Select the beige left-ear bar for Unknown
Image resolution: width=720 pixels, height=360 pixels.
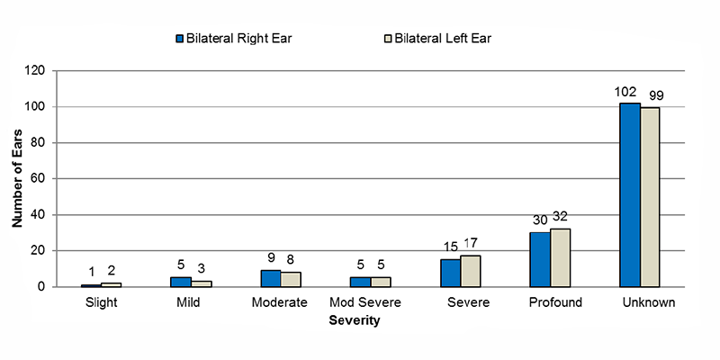(650, 197)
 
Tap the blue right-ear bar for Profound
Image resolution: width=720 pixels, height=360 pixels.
(539, 259)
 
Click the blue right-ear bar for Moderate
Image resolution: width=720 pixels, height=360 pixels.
(270, 278)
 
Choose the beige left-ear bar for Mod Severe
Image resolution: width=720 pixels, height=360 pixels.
(380, 282)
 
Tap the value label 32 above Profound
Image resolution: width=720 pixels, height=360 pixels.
(561, 216)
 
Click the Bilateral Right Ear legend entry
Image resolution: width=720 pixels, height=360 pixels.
(237, 39)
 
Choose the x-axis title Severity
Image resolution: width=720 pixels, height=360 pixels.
(359, 320)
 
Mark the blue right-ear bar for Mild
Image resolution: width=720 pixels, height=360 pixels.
(180, 282)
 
